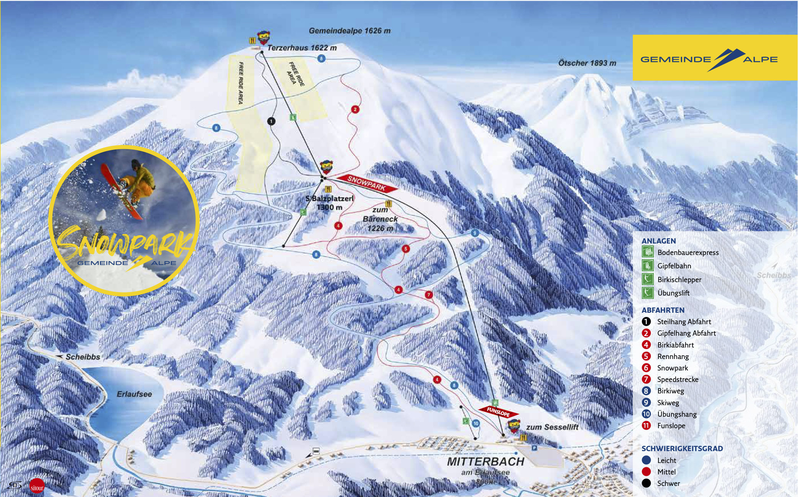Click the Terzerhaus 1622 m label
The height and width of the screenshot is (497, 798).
302,48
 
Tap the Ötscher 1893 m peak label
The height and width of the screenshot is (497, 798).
587,63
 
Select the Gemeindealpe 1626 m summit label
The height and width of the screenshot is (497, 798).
349,31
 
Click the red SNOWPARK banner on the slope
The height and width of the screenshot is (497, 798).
367,183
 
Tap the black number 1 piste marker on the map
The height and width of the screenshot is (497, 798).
271,121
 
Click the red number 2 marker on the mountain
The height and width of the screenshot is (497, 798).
355,109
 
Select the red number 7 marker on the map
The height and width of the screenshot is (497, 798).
429,295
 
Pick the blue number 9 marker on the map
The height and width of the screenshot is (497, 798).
475,233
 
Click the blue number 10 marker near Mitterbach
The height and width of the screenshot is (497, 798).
476,423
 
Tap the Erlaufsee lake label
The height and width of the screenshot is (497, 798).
134,394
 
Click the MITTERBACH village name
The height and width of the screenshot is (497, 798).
486,461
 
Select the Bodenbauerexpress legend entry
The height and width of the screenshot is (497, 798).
687,253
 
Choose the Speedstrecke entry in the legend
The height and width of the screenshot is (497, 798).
678,380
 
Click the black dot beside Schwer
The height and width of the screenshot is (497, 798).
646,483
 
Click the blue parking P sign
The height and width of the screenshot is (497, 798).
534,448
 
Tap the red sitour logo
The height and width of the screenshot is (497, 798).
37,487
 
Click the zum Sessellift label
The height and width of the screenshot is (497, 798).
552,427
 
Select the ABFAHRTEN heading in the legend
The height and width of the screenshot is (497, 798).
663,310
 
